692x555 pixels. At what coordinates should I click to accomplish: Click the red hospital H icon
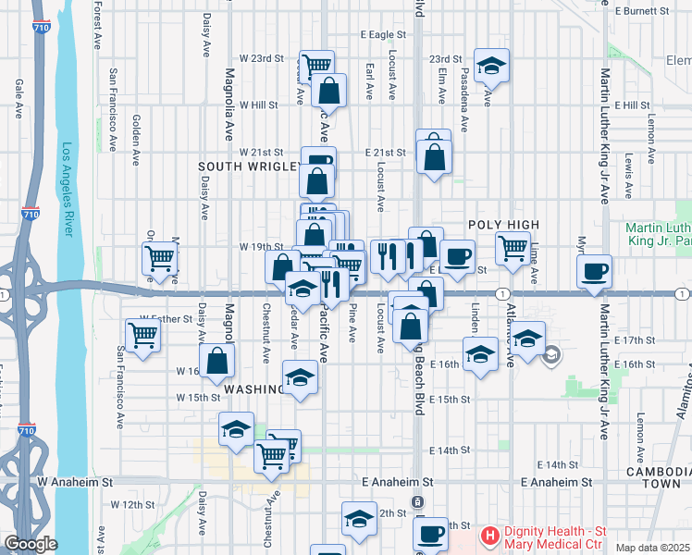click(x=488, y=535)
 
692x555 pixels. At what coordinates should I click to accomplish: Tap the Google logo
click(x=31, y=545)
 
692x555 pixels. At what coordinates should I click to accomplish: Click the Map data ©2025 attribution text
click(x=653, y=548)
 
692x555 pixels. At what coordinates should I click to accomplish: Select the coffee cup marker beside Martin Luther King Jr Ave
click(x=594, y=271)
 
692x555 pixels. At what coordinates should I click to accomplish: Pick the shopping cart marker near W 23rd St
click(x=317, y=65)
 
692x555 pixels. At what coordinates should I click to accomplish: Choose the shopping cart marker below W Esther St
click(x=142, y=334)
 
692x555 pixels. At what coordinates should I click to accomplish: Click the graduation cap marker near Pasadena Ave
click(x=491, y=65)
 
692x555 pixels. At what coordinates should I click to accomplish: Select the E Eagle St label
click(x=382, y=34)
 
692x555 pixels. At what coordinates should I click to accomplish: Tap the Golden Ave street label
click(x=136, y=139)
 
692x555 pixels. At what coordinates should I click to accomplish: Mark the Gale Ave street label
click(x=19, y=98)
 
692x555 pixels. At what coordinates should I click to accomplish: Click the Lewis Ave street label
click(x=628, y=176)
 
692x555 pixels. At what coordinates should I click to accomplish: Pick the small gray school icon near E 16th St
click(x=551, y=354)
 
